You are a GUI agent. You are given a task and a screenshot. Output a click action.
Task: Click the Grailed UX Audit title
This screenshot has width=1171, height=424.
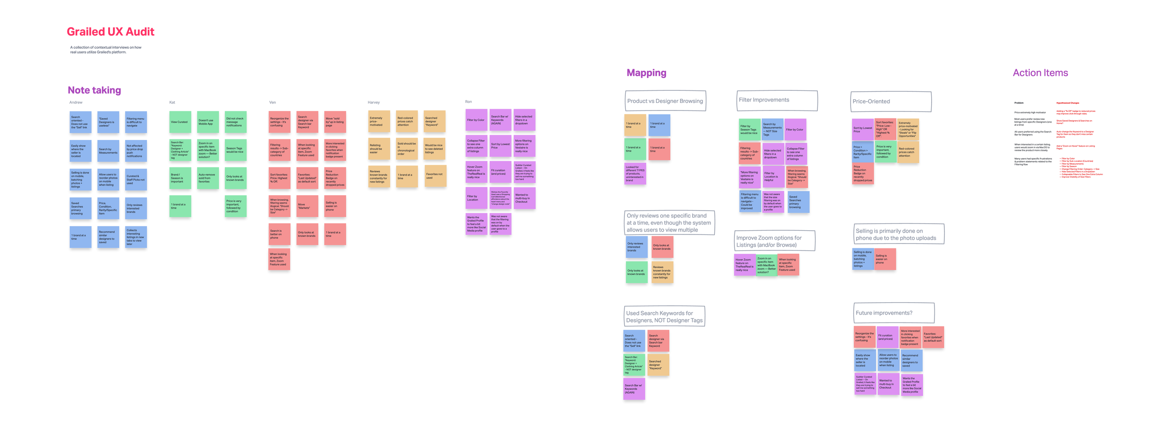tap(110, 32)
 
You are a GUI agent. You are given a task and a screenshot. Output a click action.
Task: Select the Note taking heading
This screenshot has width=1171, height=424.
tap(94, 90)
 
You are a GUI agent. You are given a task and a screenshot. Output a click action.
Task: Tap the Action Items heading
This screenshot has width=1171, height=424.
tap(1040, 73)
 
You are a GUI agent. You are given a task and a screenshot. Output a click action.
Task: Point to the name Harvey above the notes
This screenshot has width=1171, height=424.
tap(373, 102)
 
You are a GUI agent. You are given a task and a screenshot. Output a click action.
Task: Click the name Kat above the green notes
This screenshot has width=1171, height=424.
tap(172, 102)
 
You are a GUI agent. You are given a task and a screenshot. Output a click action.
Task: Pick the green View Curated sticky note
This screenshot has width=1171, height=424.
tap(180, 122)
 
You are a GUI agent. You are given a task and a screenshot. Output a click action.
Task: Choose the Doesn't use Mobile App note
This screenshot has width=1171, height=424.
tap(208, 122)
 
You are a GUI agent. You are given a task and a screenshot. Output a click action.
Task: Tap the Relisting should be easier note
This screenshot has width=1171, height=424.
tap(378, 149)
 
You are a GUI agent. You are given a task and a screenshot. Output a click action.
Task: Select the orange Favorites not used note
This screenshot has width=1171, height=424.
tap(435, 176)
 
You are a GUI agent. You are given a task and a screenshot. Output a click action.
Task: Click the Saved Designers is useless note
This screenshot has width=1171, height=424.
tap(108, 122)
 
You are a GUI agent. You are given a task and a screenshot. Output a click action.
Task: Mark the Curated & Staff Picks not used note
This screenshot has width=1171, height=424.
tap(136, 180)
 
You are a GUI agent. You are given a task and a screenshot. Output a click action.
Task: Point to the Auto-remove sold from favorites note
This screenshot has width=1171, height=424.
tap(208, 178)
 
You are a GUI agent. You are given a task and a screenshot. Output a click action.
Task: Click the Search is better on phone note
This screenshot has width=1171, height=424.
tap(279, 234)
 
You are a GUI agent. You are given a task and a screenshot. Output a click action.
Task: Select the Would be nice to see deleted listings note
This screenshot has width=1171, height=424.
tap(434, 149)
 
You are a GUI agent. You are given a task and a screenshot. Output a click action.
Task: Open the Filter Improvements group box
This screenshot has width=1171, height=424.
tap(777, 101)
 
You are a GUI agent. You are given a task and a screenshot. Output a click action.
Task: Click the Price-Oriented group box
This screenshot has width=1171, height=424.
tap(890, 102)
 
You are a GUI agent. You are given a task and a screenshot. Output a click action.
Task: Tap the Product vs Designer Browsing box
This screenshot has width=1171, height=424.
tap(665, 101)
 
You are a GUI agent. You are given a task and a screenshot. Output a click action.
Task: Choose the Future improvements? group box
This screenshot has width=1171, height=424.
tap(893, 313)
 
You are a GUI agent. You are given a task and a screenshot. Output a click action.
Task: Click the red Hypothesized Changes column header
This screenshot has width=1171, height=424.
tap(1067, 103)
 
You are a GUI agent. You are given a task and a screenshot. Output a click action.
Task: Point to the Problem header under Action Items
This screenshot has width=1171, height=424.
tap(1019, 103)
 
